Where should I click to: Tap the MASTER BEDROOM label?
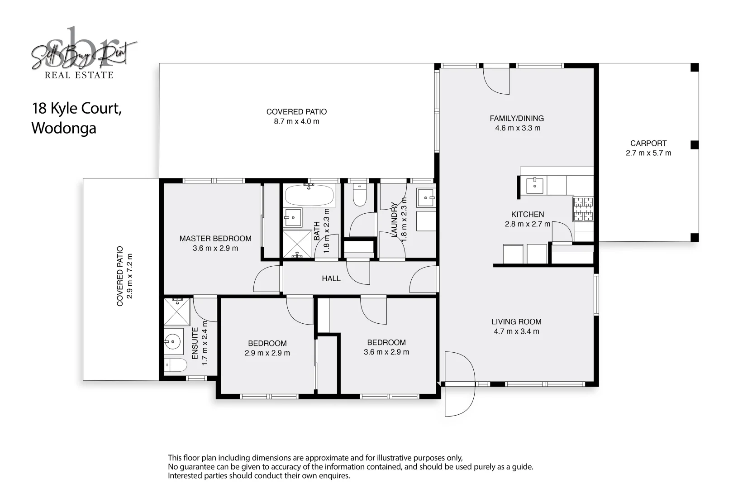point(215,239)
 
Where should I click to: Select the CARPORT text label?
point(648,143)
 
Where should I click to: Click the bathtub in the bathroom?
point(309,196)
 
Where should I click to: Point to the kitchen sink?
point(534,185)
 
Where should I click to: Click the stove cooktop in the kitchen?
point(583,209)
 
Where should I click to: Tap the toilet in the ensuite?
point(175,365)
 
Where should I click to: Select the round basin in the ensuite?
point(173,341)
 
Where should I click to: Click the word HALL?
point(331,278)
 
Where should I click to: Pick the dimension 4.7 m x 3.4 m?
point(516,331)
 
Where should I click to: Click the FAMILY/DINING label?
point(517,118)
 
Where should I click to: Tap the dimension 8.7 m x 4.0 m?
point(296,121)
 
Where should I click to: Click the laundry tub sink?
point(426,197)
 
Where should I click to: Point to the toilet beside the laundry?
point(360,195)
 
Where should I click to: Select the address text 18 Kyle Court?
point(76,109)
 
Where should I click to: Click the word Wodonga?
point(64,128)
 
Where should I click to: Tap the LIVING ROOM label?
point(516,321)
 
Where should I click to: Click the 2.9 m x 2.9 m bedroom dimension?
point(267,353)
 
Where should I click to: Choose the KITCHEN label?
point(528,214)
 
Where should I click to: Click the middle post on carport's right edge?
point(695,145)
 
